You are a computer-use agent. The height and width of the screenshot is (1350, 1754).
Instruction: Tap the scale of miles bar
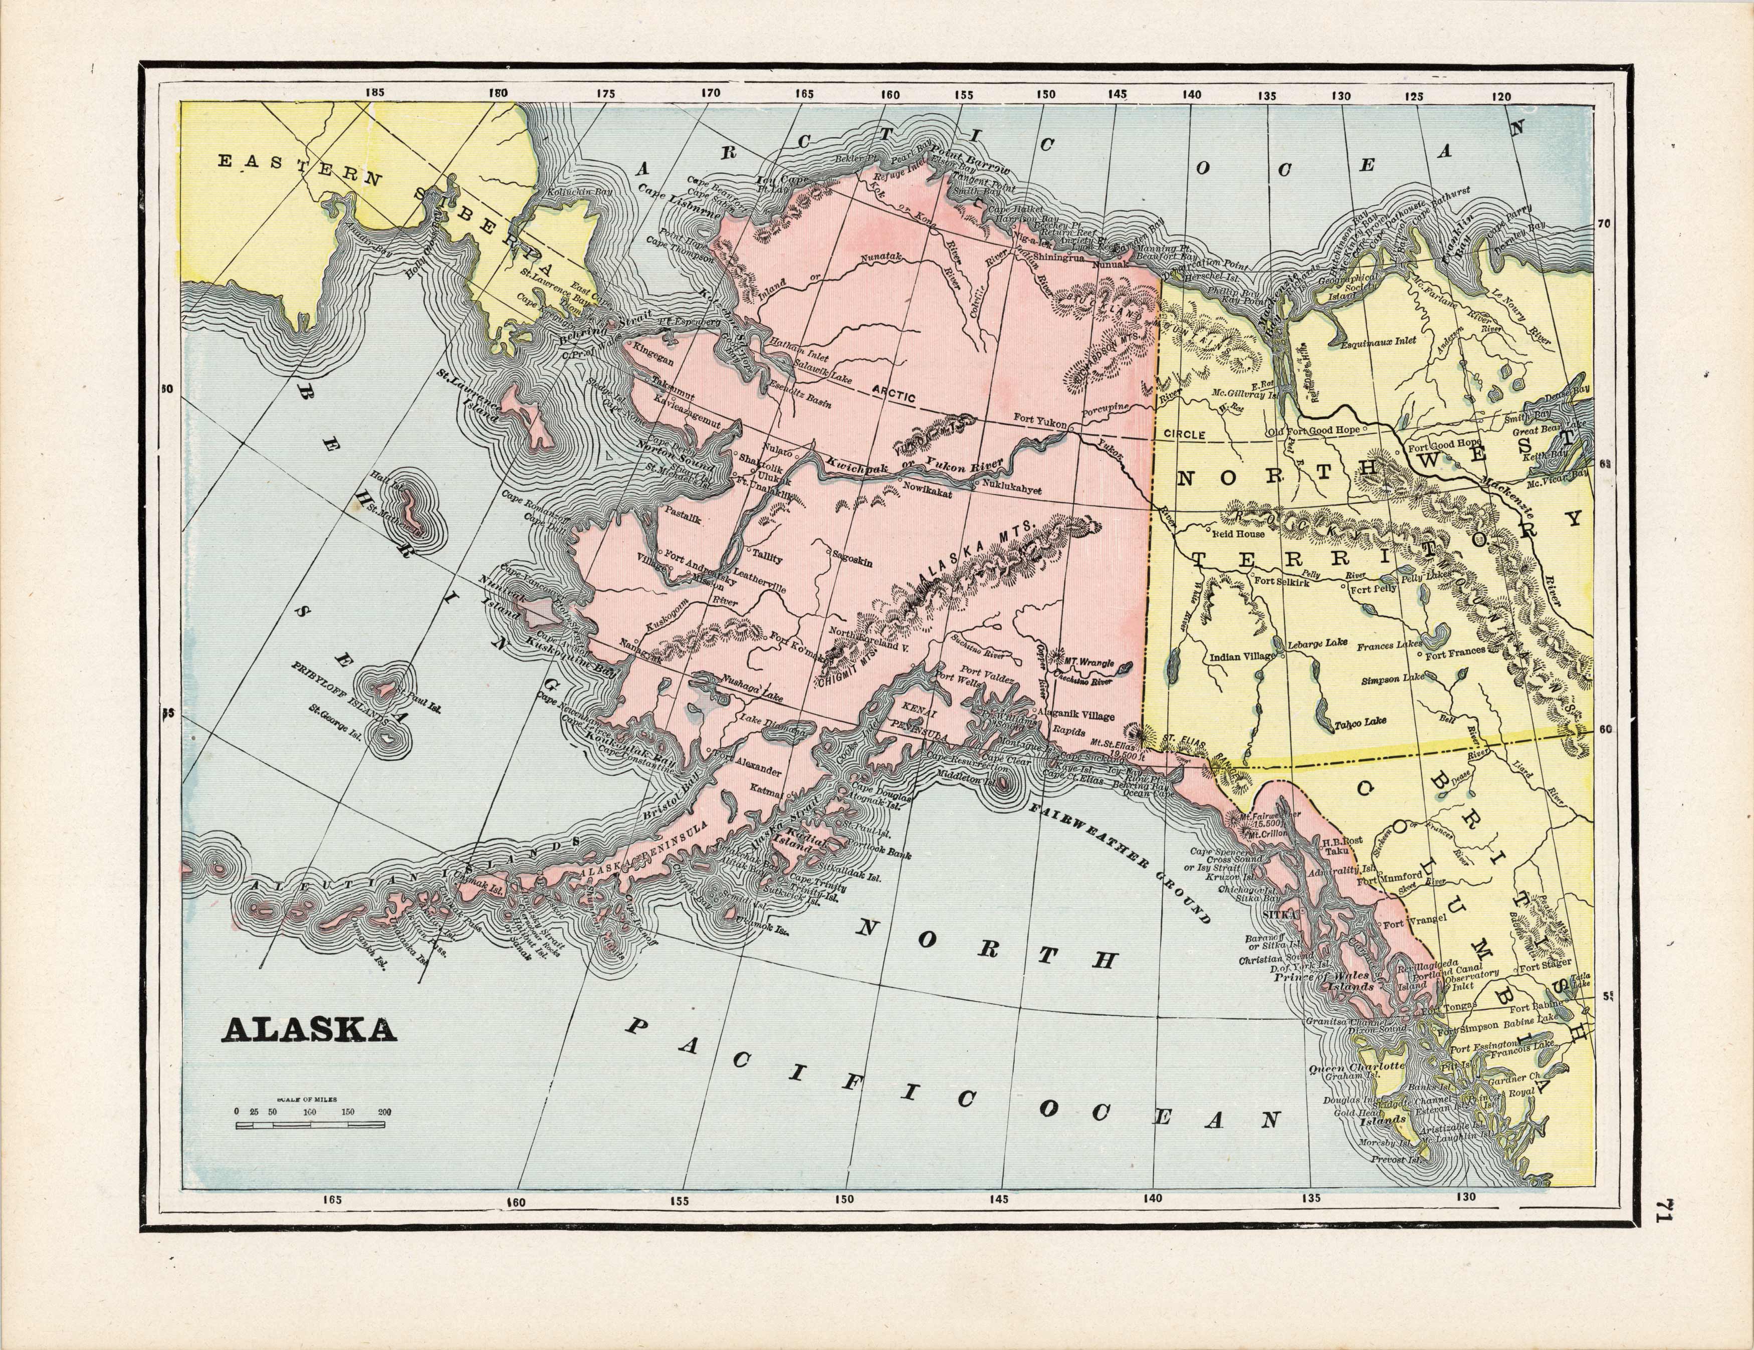click(310, 1126)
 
